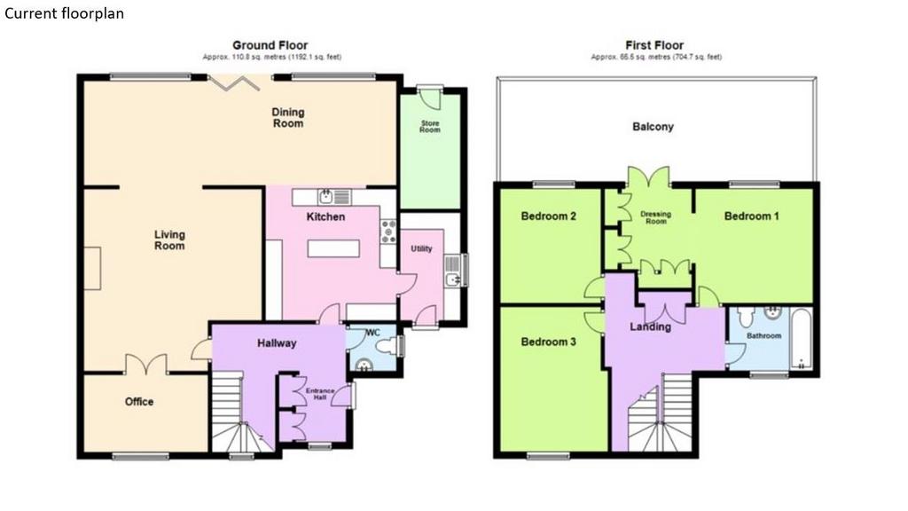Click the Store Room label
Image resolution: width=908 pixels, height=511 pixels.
430,126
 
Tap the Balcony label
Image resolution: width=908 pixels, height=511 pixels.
653,126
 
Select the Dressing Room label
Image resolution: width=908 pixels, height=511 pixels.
655,217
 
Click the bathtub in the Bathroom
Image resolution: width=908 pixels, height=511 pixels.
802,339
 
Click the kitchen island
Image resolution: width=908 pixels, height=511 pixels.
333,248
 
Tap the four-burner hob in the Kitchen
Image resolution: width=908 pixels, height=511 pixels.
388,232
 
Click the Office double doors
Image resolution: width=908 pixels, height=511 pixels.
146,364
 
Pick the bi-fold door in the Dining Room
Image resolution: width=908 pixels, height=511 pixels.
233,83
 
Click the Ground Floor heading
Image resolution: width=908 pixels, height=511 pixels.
270,45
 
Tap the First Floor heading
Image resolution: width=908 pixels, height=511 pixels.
654,45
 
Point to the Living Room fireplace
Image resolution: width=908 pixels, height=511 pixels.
92,268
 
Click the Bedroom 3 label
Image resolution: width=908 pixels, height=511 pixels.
548,342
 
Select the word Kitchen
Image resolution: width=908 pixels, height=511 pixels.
325,216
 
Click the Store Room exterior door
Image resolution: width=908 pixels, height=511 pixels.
430,98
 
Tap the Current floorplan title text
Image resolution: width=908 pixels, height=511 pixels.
64,13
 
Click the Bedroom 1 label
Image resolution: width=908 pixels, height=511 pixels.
751,216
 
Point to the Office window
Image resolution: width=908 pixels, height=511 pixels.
141,457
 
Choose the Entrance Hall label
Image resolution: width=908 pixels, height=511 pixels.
320,394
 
